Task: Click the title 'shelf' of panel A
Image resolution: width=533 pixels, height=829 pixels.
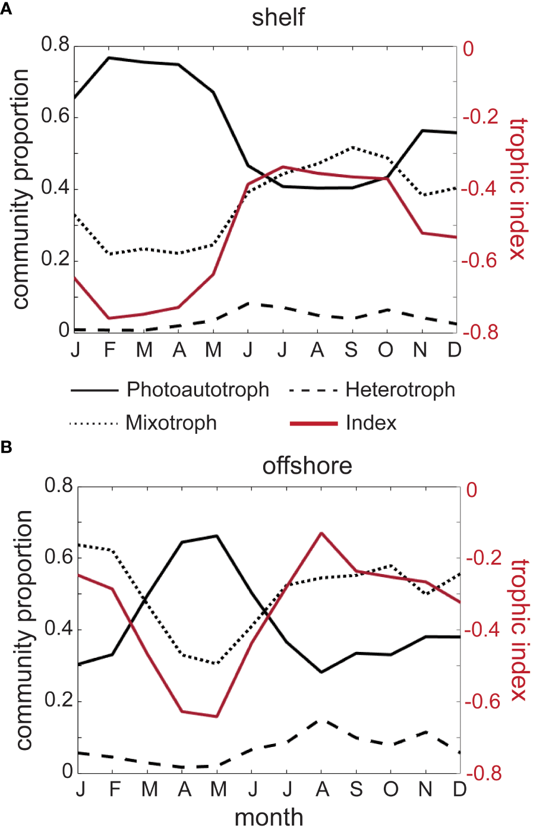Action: click(x=277, y=17)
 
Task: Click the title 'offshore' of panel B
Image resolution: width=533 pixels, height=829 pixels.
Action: click(x=307, y=465)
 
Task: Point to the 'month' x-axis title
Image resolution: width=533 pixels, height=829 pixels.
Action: click(x=269, y=817)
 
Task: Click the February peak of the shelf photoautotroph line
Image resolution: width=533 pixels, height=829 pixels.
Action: click(x=109, y=58)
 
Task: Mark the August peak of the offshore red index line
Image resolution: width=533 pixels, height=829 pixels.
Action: click(x=322, y=533)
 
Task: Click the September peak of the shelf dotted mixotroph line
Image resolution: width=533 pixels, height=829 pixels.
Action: click(x=353, y=147)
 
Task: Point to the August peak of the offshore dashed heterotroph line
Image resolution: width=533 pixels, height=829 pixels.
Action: click(x=322, y=720)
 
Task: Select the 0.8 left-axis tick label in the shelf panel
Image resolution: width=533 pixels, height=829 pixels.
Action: click(x=55, y=45)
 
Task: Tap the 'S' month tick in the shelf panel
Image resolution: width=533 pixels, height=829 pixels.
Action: click(x=352, y=350)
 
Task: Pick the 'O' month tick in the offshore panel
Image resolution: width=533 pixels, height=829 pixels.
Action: click(x=390, y=790)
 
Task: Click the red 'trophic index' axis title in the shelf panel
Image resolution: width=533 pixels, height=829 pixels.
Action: click(x=518, y=188)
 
